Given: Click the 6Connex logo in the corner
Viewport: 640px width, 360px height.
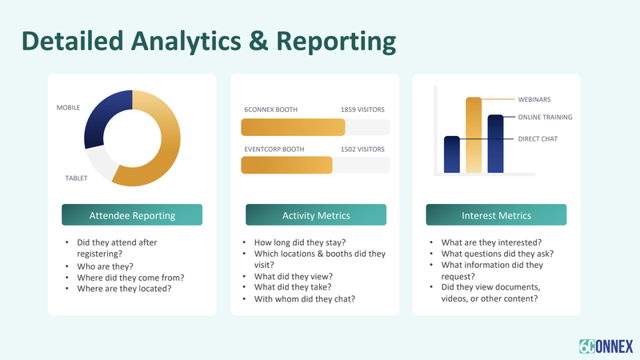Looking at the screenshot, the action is point(606,346).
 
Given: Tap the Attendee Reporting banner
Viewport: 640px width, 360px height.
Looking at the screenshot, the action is point(132,214).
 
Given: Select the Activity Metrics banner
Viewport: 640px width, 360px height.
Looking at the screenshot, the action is point(316,214).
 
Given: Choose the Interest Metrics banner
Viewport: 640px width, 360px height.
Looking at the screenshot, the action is point(496,214).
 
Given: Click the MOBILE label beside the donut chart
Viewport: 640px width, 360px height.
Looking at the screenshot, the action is point(68,108).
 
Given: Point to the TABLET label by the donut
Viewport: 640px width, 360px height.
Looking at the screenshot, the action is point(76,178).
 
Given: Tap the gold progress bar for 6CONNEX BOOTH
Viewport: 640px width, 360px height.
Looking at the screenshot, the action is point(293,127).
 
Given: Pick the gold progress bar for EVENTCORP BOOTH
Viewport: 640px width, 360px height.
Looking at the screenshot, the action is point(287,166).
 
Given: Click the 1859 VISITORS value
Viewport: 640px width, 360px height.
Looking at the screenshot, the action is point(362,110).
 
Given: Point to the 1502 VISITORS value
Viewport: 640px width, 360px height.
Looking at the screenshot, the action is point(362,150).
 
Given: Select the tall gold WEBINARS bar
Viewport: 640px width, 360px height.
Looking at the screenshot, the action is point(474,135).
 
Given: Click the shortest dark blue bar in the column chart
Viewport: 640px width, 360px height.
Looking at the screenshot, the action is point(452,154).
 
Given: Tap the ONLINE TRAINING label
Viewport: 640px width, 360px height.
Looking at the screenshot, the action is point(545,117).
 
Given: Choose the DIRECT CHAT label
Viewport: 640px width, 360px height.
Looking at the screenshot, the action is point(538,138).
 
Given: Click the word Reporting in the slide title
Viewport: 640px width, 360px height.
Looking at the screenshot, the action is point(336,42).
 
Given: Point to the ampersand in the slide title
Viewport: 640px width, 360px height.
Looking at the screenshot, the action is point(258,41).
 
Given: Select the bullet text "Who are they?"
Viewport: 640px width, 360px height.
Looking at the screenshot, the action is point(106,266).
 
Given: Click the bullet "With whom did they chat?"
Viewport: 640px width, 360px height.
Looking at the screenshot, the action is point(305,299).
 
